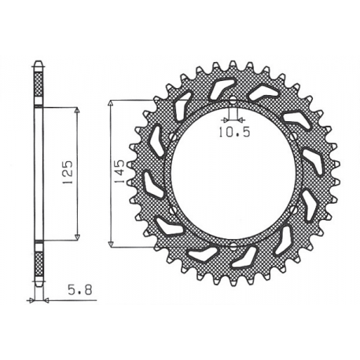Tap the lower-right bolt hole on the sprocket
click(x=296, y=211)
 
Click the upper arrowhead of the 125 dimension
click(x=78, y=110)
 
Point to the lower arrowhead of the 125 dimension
click(x=78, y=237)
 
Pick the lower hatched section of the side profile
click(x=39, y=263)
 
